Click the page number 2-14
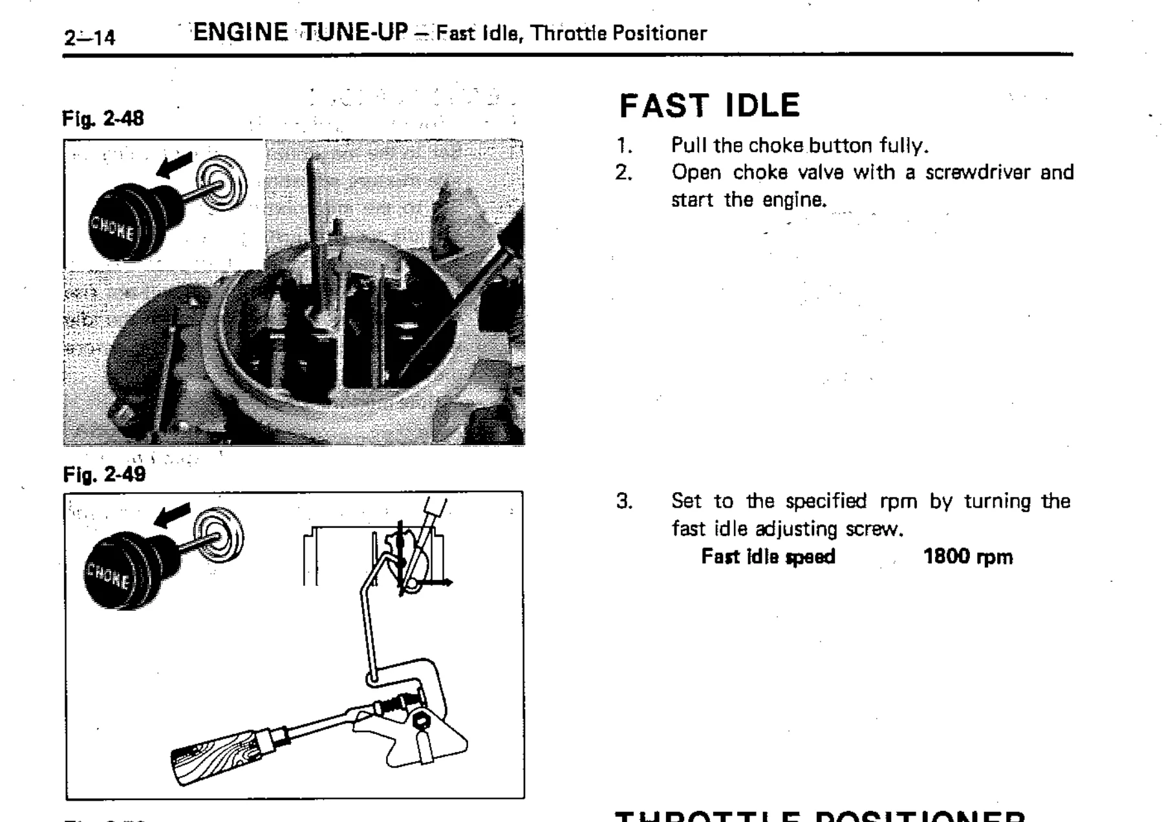pyautogui.click(x=89, y=38)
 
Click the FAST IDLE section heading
pyautogui.click(x=709, y=106)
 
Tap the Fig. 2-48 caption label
pyautogui.click(x=103, y=119)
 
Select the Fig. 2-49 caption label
pyautogui.click(x=103, y=475)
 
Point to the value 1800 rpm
pyautogui.click(x=967, y=557)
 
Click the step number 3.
pyautogui.click(x=624, y=501)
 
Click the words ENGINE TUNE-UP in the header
pyautogui.click(x=301, y=32)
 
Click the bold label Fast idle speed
pyautogui.click(x=768, y=557)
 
